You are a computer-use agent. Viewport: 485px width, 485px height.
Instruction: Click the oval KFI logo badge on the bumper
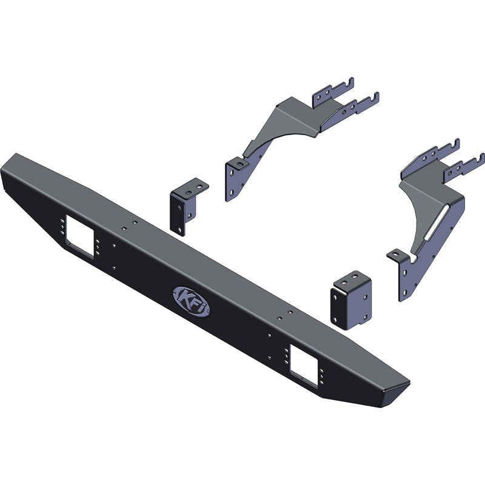192,300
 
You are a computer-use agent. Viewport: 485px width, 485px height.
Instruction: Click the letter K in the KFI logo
184,296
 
